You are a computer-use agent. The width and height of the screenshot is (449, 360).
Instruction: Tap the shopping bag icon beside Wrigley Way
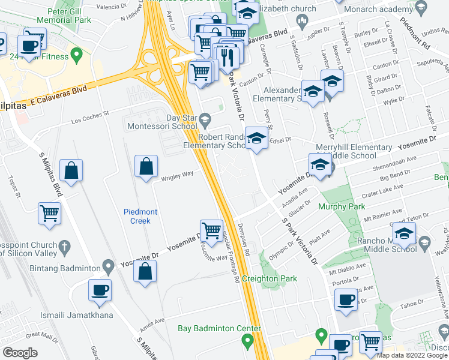coord(146,167)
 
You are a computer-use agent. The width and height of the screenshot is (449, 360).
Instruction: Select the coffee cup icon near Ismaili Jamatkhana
coord(100,290)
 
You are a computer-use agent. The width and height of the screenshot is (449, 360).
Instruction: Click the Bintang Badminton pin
coord(108,265)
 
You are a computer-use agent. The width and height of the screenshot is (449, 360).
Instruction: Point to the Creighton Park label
coord(270,279)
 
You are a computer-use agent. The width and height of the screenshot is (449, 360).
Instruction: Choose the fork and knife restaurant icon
coord(226,56)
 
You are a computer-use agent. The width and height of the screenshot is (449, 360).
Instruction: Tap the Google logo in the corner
coord(20,353)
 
